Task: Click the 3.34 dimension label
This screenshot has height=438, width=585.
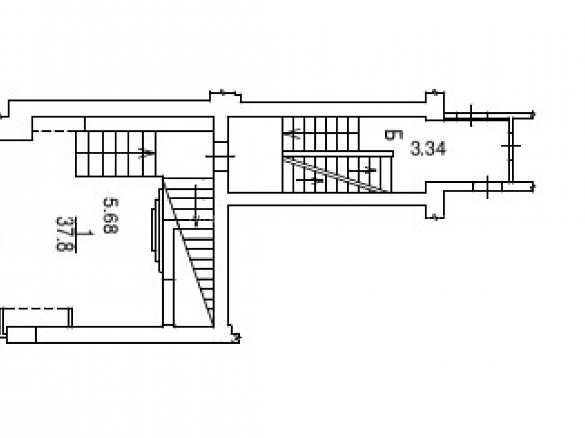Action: click(428, 148)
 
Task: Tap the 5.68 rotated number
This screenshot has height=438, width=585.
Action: click(111, 215)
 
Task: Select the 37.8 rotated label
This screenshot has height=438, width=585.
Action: click(65, 234)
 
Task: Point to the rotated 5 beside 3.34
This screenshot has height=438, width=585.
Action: click(394, 135)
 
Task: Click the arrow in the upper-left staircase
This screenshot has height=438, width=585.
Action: click(146, 152)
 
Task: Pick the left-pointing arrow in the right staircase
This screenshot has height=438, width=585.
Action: click(292, 133)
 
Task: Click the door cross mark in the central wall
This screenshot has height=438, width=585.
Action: click(220, 157)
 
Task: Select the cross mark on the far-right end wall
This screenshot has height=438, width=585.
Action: click(511, 145)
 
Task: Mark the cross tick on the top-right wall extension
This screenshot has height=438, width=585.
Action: click(471, 116)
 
